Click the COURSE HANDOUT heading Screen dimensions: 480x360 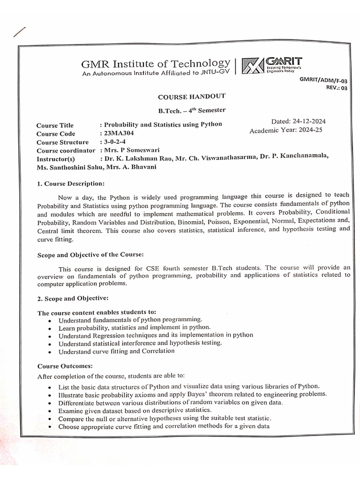tap(191, 97)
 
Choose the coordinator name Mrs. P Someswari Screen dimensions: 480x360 tap(133, 150)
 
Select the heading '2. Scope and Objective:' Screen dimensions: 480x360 tap(72, 298)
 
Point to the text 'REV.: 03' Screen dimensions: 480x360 tap(334, 88)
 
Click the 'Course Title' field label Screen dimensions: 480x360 tap(55, 125)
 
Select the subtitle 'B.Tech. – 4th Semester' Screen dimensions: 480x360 tap(191, 110)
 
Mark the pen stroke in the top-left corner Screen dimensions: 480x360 tap(19, 32)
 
